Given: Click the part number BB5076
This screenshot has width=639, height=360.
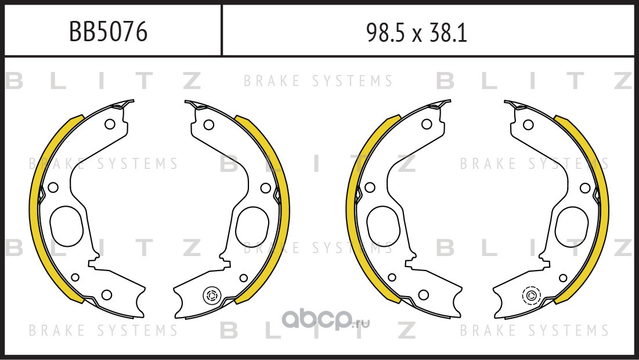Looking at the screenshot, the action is [108, 32].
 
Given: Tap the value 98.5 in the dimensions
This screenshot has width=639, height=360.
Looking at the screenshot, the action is [385, 33].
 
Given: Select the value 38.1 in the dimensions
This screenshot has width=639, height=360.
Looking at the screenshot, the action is [448, 33].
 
